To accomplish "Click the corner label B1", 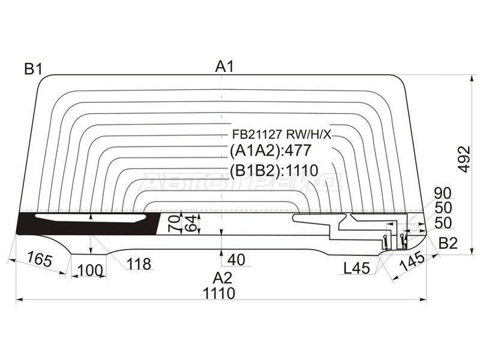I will (33, 70).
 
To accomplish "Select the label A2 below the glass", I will (223, 278).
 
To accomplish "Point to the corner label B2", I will (448, 244).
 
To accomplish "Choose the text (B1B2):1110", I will (274, 170).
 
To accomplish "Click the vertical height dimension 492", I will (463, 158).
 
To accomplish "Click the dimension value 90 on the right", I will (443, 193).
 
